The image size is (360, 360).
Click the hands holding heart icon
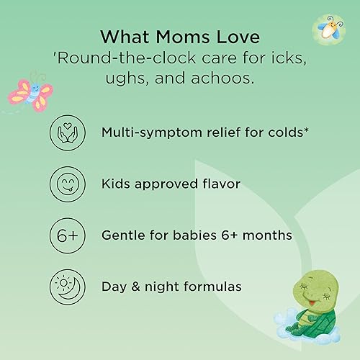coord(67,132)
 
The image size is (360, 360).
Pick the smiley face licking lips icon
coord(67,184)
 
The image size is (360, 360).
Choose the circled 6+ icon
coord(67,235)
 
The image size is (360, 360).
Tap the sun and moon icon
coord(67,286)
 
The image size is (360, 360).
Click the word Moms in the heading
coord(170,35)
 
